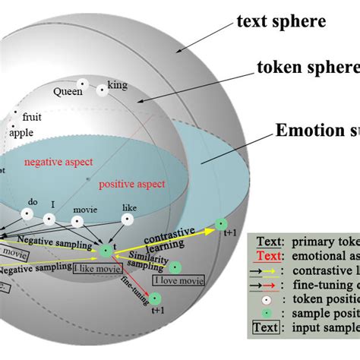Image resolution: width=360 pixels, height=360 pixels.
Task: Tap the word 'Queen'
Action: coord(67,91)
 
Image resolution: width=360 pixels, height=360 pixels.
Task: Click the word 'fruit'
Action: coord(33,118)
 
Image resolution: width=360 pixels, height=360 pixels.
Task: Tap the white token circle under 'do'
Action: coord(27,215)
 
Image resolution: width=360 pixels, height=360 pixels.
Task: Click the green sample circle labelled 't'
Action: coord(106,250)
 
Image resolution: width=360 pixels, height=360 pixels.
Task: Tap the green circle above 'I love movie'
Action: coord(175,267)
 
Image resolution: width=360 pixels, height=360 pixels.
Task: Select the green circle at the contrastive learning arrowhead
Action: coord(221,223)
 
